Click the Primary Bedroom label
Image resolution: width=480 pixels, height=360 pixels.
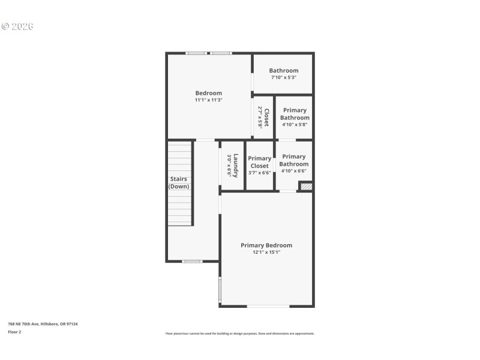point(266,245)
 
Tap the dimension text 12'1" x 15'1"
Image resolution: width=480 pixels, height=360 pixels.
point(266,253)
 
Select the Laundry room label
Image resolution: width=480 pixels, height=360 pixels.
point(236,166)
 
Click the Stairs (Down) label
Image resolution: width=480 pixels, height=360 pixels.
point(179,182)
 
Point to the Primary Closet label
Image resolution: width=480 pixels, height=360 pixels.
point(260,162)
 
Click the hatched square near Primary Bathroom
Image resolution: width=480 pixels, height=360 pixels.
point(306,187)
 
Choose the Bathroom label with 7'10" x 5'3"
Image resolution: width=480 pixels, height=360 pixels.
point(283,71)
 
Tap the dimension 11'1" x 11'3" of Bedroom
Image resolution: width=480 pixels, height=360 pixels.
point(208,100)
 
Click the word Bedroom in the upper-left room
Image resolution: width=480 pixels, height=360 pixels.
point(208,93)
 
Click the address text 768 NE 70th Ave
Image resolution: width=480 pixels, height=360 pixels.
point(43,324)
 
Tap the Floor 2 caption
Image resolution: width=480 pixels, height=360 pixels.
point(14,332)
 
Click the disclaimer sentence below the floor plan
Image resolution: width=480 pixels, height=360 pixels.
point(239,334)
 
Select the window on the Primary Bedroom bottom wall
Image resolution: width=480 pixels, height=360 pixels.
point(268,306)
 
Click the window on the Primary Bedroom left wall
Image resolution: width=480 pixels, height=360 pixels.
point(220,290)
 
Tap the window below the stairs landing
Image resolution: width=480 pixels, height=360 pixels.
point(192,261)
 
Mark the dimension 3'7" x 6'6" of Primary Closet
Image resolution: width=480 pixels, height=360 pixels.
point(260,173)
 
